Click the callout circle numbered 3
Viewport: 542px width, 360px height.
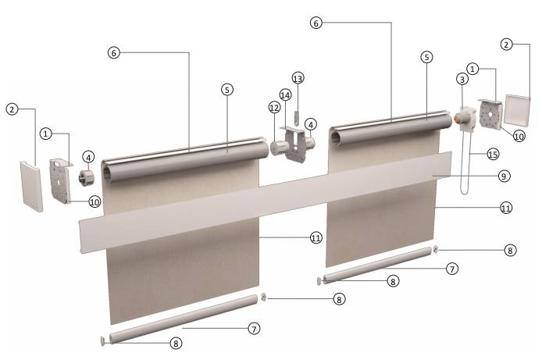click(x=462, y=79)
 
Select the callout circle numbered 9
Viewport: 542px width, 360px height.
click(x=504, y=176)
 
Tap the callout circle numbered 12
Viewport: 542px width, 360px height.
click(x=274, y=108)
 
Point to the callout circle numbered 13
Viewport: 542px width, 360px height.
click(x=298, y=78)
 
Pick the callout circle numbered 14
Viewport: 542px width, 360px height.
click(x=285, y=94)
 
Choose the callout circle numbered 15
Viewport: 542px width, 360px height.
click(x=493, y=154)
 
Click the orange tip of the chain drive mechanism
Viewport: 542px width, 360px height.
click(x=457, y=118)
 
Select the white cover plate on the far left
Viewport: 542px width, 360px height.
click(x=31, y=185)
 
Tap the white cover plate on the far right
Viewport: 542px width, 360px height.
click(x=517, y=109)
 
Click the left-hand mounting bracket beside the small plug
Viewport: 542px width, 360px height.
click(x=60, y=180)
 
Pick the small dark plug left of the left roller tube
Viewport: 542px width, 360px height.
click(x=87, y=177)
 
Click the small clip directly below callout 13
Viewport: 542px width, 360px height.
click(x=297, y=117)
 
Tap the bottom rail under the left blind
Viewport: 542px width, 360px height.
click(x=184, y=319)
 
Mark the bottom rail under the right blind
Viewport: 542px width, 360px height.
click(x=377, y=265)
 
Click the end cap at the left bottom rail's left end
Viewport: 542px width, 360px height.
click(x=103, y=340)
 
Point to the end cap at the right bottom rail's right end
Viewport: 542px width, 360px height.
click(x=436, y=249)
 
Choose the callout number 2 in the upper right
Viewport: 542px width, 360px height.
click(x=506, y=45)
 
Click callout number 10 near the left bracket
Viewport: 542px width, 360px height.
click(x=94, y=201)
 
